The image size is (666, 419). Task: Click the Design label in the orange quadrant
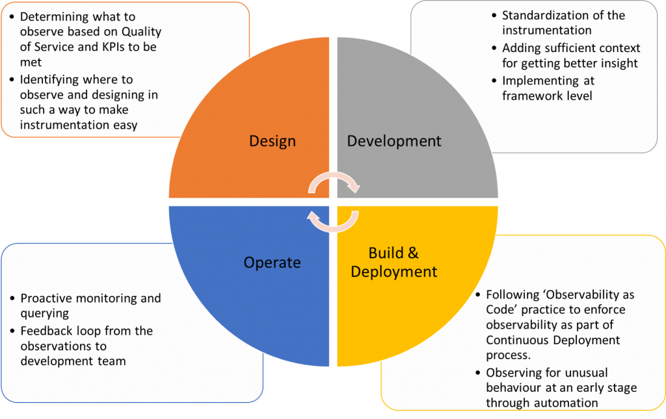pos(273,141)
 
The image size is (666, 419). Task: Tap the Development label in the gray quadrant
pos(394,141)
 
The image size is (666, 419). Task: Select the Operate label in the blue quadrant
pos(273,263)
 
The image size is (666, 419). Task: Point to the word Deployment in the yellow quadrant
pos(394,271)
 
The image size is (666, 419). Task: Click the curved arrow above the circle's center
pos(333,183)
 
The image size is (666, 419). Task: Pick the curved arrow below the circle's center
pos(333,221)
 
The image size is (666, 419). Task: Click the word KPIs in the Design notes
pos(118,47)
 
